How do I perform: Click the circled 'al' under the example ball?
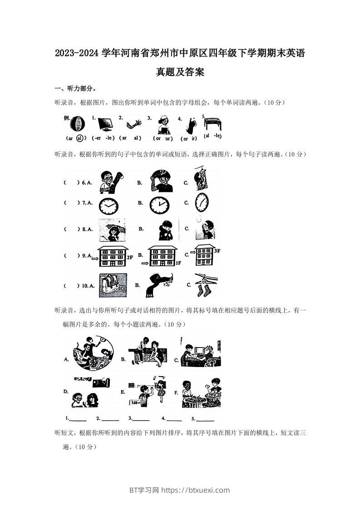(79, 138)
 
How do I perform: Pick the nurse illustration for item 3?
(162, 123)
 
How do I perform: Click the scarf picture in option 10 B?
(159, 284)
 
